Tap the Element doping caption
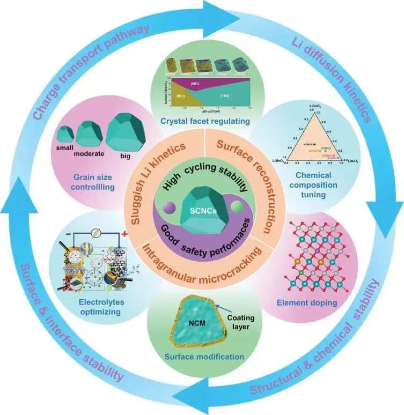pos(315,302)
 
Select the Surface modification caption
pos(202,356)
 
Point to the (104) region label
pos(220,94)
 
